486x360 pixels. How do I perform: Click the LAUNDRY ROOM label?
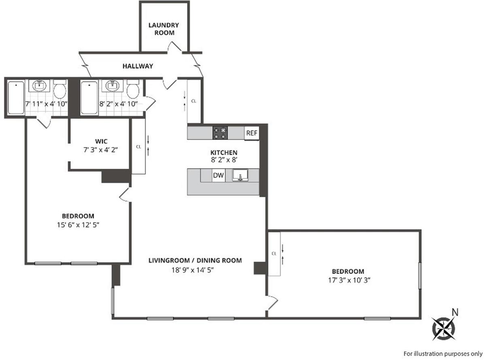164,29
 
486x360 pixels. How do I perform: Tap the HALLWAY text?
138,66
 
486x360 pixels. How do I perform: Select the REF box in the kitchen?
251,133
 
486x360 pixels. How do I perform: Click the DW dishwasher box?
218,176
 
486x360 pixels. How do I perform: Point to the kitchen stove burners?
221,133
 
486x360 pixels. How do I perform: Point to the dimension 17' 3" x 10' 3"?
348,280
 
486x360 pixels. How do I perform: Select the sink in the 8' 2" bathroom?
112,86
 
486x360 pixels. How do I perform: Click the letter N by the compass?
455,312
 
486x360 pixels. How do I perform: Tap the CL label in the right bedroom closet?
274,253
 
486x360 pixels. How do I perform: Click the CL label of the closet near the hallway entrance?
194,101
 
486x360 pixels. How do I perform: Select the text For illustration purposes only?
443,352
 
